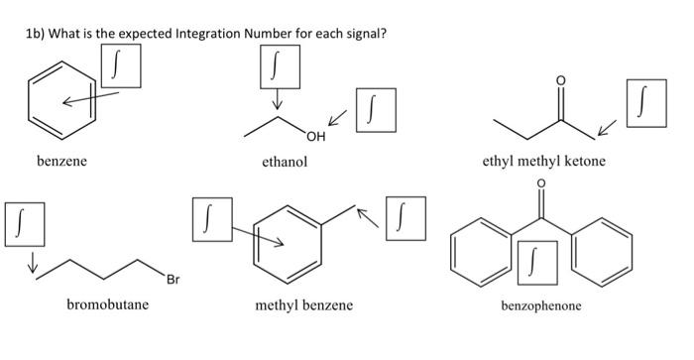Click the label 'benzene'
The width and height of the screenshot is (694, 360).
(62, 163)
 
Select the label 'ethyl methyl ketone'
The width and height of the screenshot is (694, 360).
(542, 163)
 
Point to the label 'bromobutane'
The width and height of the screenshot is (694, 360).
(108, 304)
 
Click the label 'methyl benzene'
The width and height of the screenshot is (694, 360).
(303, 304)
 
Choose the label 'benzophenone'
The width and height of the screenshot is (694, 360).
(541, 305)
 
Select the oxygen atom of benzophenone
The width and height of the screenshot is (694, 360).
(541, 185)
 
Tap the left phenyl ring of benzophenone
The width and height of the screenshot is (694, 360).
(480, 250)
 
